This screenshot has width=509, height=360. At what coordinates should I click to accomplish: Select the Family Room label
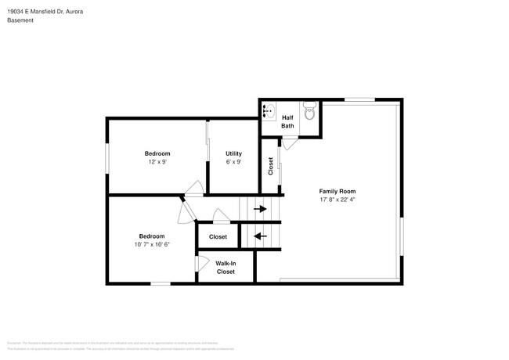(x=338, y=191)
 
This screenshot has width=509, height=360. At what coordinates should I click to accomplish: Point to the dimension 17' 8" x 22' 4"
(x=338, y=200)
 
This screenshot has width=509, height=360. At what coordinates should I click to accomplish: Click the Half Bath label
(x=288, y=121)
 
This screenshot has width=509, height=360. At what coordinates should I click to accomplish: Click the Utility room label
(x=233, y=153)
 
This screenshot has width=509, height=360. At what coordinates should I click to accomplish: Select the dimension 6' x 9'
(x=233, y=162)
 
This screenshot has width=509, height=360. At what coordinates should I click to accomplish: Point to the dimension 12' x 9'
(x=157, y=162)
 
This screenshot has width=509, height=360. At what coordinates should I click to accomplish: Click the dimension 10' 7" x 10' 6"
(x=152, y=244)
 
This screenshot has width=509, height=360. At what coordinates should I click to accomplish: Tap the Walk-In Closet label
(x=226, y=268)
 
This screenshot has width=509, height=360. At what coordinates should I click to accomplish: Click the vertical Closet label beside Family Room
(x=271, y=165)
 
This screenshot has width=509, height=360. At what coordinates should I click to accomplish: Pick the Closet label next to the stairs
(x=218, y=236)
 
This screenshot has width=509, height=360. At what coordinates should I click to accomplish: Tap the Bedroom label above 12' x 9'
(x=157, y=153)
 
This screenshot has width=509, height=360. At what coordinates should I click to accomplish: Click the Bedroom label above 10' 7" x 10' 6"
(x=152, y=236)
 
